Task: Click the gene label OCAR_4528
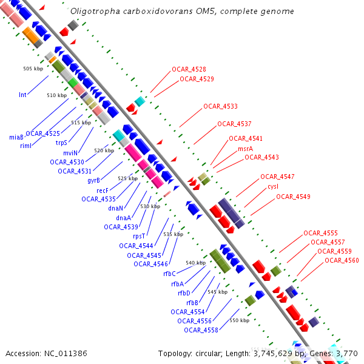pos(189,70)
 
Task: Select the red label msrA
pos(245,149)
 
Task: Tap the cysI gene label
pos(272,187)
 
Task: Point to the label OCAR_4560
pos(342,260)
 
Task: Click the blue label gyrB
pos(93,180)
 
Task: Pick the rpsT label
pos(139,236)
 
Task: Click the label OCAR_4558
pos(201,330)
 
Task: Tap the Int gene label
pos(22,95)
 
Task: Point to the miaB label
pos(16,137)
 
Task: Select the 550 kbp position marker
pos(239,320)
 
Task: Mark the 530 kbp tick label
pos(150,206)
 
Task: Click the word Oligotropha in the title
pos(94,11)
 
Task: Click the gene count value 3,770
pos(346,353)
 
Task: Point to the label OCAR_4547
pos(277,177)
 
